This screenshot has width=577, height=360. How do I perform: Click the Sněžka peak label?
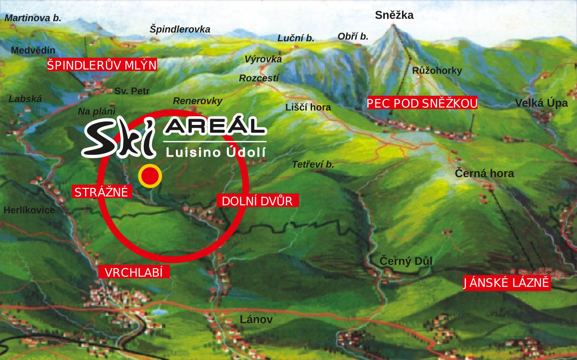pos(394,15)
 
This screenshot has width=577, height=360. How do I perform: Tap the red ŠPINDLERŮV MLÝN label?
pos(102,65)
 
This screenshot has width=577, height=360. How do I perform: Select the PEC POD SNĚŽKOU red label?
pos(422,103)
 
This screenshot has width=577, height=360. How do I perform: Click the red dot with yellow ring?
pos(150,175)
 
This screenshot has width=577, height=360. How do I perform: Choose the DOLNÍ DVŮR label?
pos(258,200)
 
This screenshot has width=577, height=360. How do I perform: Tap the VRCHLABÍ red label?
pos(134,273)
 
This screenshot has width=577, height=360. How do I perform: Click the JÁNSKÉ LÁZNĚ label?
pos(506,283)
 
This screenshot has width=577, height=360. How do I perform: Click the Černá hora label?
pos(485,174)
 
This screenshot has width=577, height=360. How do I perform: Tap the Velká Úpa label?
pos(541,103)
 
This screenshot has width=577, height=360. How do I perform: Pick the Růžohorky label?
pos(437,71)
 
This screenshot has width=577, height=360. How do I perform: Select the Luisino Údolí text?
pos(215,152)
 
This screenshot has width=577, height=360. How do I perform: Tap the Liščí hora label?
pos(308,107)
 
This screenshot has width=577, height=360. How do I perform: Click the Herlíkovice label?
pos(29,210)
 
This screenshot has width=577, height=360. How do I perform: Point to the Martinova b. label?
pos(33,18)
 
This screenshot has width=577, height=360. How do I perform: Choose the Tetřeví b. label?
pos(313,164)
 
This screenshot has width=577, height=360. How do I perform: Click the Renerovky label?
pos(198,101)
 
